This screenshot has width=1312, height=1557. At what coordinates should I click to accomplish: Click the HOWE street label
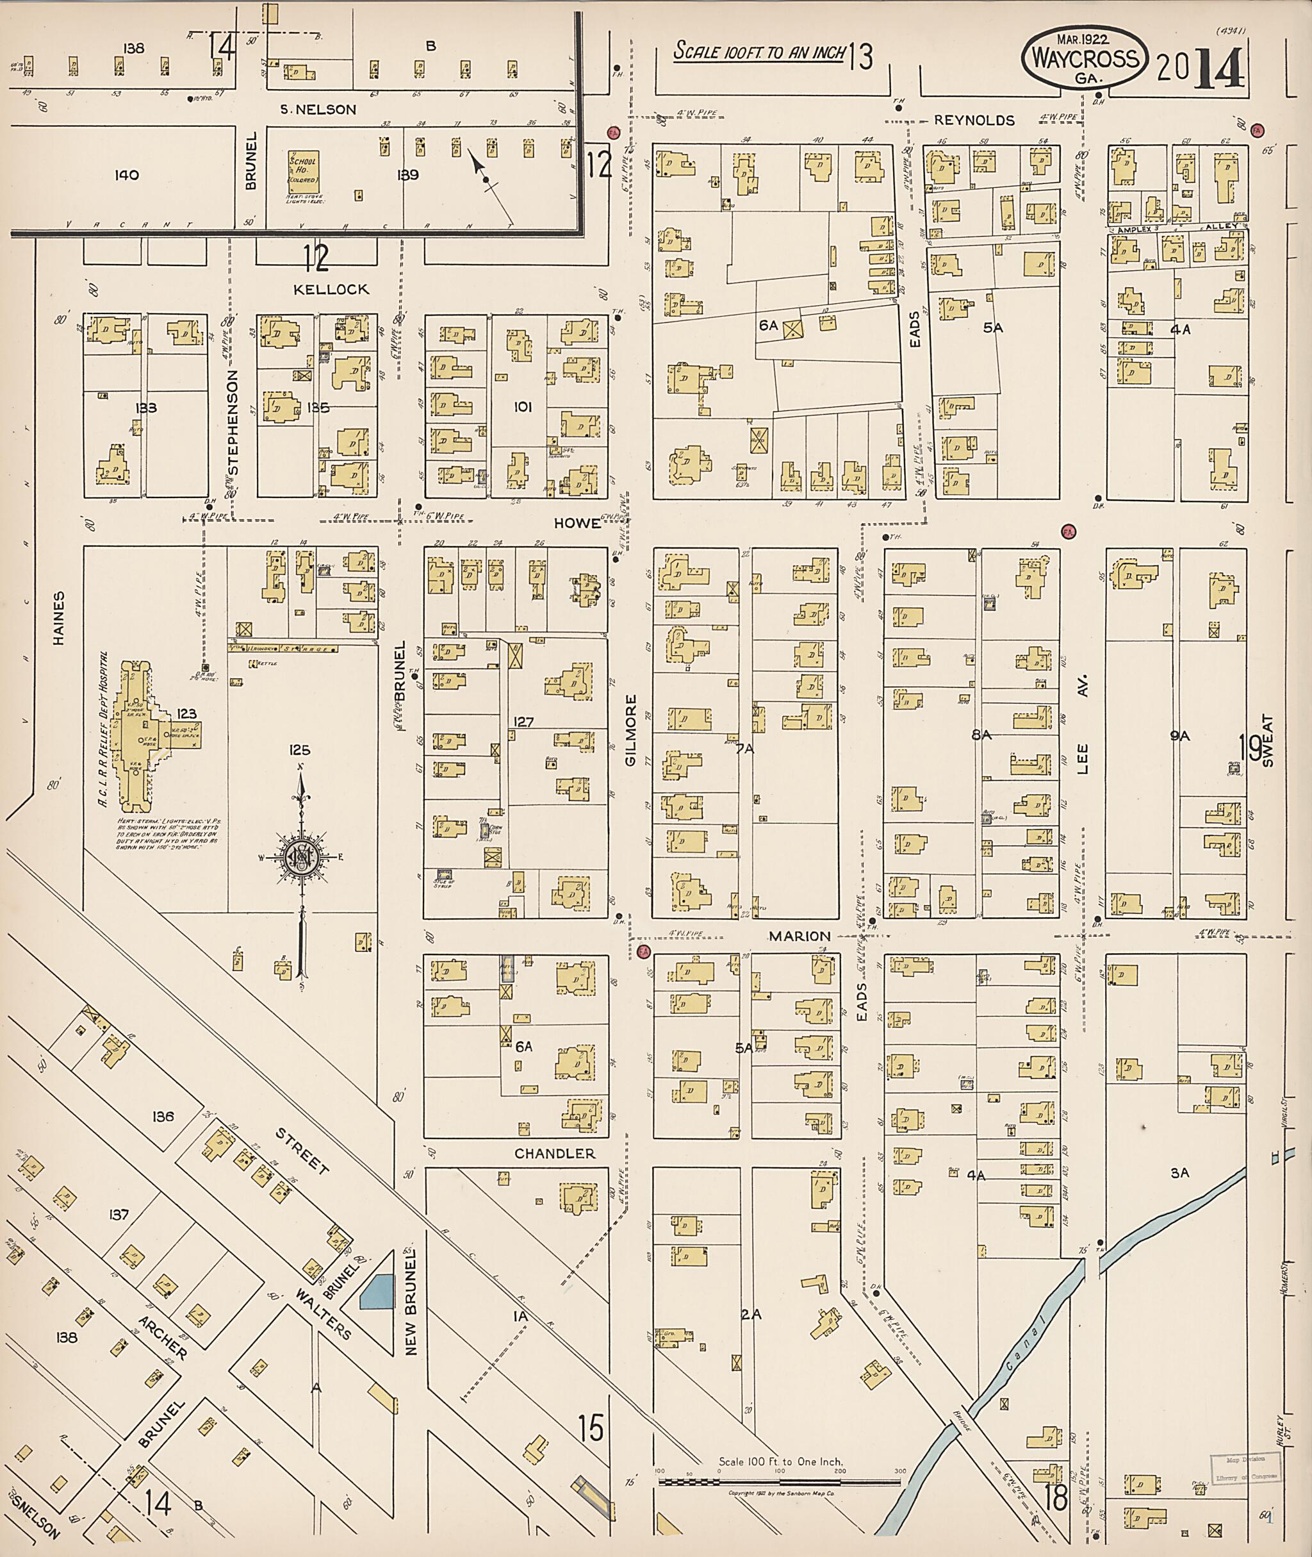click(577, 523)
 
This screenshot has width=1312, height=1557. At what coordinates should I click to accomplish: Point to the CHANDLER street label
click(555, 1153)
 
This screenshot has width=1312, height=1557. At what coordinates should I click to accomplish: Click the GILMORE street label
click(631, 730)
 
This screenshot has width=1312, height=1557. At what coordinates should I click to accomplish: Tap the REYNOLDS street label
click(974, 120)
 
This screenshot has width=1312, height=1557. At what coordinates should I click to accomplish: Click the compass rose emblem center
click(302, 858)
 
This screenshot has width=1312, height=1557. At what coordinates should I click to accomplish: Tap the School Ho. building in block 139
click(303, 172)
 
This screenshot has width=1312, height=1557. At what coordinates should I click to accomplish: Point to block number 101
click(523, 407)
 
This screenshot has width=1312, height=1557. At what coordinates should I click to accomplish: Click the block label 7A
click(744, 749)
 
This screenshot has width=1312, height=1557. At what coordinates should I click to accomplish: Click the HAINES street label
click(59, 618)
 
